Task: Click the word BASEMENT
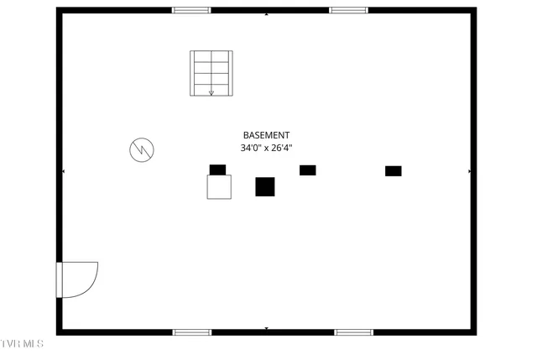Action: [266, 135]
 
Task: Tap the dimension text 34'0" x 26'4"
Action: [266, 148]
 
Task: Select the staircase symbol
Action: [211, 73]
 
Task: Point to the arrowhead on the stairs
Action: [211, 93]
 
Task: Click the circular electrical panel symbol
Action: [142, 149]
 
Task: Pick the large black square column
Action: [265, 186]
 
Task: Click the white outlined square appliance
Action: [219, 187]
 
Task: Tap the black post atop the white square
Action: [218, 170]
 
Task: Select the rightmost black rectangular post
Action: [394, 171]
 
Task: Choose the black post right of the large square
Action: [308, 170]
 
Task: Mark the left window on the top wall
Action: [191, 10]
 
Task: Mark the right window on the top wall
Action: [349, 10]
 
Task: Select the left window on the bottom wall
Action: [192, 332]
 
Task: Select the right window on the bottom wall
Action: [354, 332]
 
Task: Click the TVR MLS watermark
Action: [22, 343]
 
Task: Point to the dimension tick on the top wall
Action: [267, 14]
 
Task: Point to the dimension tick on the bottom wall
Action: [267, 328]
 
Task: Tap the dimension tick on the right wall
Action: [469, 171]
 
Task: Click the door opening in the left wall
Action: [60, 279]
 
